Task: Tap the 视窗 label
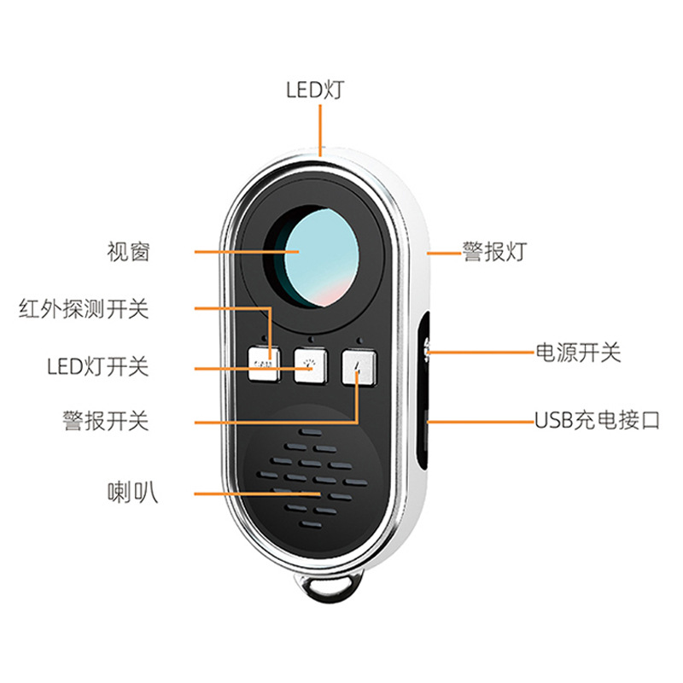point(128,252)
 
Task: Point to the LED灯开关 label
point(97,367)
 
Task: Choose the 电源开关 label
point(578,352)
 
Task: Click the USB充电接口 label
point(597,421)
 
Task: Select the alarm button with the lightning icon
point(359,365)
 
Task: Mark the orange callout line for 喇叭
point(256,493)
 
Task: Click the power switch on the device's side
point(425,348)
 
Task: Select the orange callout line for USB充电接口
point(478,421)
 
